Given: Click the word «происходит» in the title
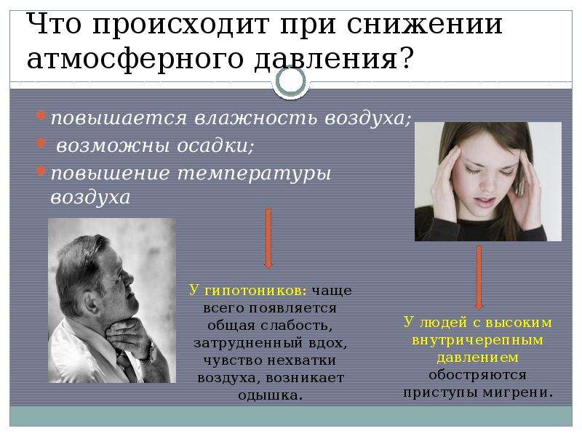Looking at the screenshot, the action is [180, 25].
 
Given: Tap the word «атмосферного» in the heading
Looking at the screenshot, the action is [135, 59].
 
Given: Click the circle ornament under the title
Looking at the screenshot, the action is [292, 81].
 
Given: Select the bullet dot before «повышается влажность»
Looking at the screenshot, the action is [41, 116].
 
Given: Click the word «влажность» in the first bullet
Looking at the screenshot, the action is [257, 118].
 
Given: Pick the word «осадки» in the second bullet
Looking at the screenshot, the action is [215, 146].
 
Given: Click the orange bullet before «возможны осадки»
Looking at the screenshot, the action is [41, 142].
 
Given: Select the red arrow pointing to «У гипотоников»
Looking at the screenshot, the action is [268, 238].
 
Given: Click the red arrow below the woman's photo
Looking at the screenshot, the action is [479, 278].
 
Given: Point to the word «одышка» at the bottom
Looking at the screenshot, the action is [268, 395].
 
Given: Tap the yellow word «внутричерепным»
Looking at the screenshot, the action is [478, 340].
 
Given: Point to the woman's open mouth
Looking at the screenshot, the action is [487, 203].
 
